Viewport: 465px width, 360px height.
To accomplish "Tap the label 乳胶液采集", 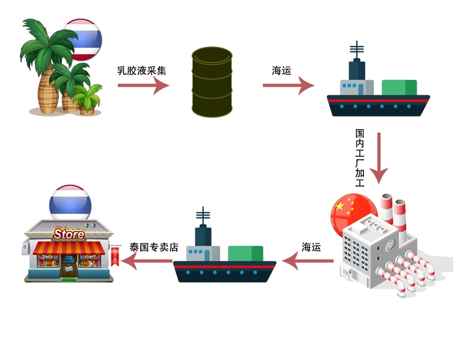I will point(142,71).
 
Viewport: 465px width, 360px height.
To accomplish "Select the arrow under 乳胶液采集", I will point(143,86).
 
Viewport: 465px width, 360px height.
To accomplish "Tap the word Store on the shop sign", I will point(69,234).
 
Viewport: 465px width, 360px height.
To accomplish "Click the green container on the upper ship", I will point(399,87).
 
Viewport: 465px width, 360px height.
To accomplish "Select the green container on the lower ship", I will point(245,253).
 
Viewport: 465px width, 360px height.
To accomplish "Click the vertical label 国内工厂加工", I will point(360,158).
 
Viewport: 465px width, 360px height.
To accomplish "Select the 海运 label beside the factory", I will point(311,247).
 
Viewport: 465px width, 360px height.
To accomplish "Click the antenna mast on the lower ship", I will point(203,216).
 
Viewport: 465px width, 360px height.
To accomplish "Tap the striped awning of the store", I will point(68,248).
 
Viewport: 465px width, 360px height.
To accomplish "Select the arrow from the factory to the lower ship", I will point(308,261).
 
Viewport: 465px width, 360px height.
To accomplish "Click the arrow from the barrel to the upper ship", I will point(288,86).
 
